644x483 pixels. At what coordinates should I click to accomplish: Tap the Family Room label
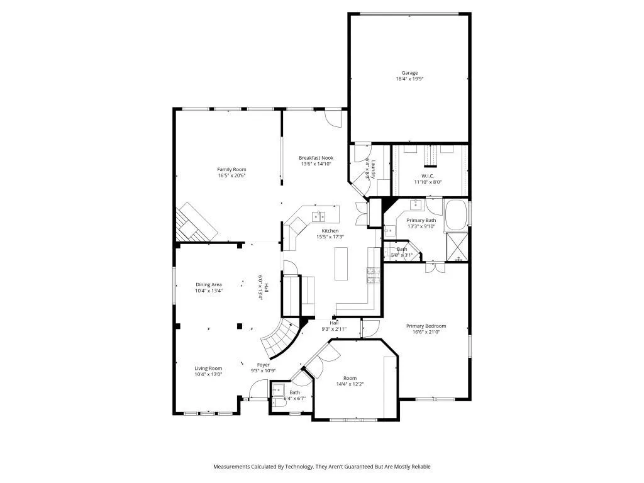coord(231,169)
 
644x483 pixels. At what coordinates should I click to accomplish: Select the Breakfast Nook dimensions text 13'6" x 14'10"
coord(316,164)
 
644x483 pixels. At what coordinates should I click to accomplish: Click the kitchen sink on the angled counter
coord(319,216)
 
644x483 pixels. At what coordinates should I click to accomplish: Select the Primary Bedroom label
coord(426,326)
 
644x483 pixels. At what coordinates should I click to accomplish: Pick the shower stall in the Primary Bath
coord(457,247)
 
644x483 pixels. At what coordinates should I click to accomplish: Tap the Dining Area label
coord(208,285)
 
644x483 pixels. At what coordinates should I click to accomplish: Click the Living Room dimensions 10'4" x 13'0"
coord(208,374)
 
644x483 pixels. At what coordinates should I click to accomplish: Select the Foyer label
coord(263,365)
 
